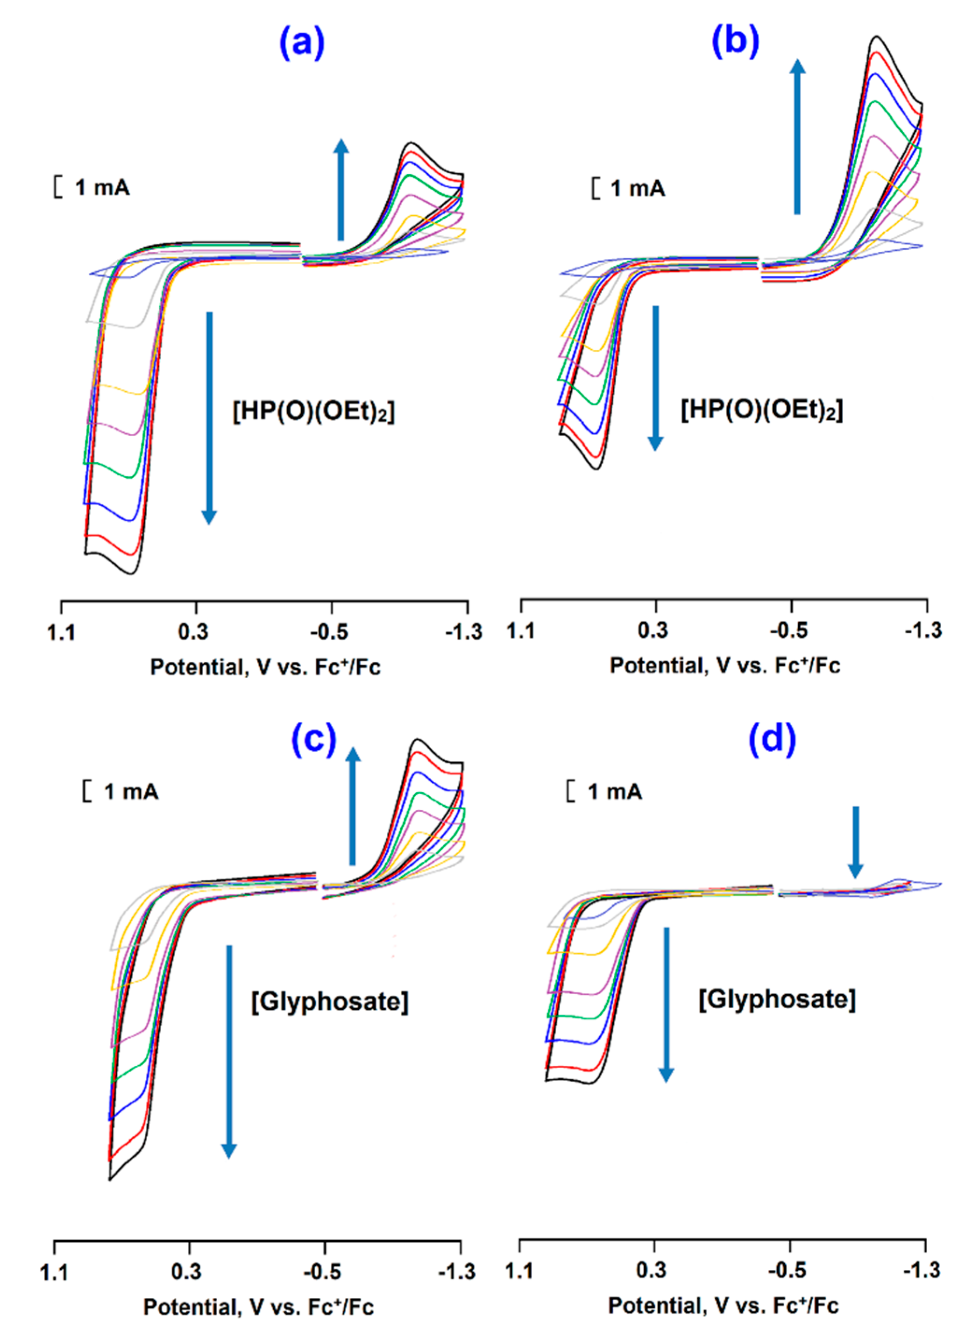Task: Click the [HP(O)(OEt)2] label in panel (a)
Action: click(313, 411)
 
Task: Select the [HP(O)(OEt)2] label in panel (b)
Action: click(762, 410)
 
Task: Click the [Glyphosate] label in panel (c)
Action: click(330, 1001)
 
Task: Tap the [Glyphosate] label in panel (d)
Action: click(777, 999)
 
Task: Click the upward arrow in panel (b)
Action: click(797, 136)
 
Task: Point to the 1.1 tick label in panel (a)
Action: click(61, 632)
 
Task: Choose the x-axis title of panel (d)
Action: click(724, 1306)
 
